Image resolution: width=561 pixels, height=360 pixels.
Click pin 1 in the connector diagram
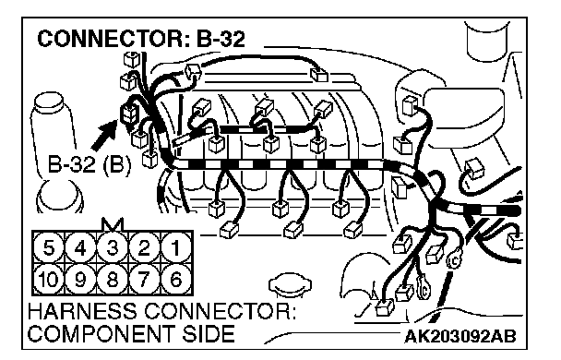(175, 247)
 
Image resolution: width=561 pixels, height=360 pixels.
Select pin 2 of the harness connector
(144, 247)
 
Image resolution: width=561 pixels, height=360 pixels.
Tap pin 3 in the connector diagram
(113, 247)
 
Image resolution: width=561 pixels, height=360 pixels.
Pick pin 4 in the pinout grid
(81, 247)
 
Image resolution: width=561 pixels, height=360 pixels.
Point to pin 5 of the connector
(49, 247)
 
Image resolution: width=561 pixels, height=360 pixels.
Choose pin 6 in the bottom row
(175, 279)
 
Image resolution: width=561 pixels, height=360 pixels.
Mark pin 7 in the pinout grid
(144, 279)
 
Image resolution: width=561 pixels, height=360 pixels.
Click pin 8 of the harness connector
(113, 279)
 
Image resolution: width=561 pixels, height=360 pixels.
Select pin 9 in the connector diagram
(81, 279)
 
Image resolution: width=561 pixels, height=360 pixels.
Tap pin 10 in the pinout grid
(49, 279)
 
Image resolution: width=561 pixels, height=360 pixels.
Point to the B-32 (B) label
(90, 165)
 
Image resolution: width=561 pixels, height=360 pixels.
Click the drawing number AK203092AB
(460, 336)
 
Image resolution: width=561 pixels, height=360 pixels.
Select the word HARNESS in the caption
(81, 311)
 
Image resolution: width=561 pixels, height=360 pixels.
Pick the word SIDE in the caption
(209, 333)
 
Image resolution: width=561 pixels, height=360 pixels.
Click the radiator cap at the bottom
(290, 285)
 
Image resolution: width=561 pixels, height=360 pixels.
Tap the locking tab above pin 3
(113, 224)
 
